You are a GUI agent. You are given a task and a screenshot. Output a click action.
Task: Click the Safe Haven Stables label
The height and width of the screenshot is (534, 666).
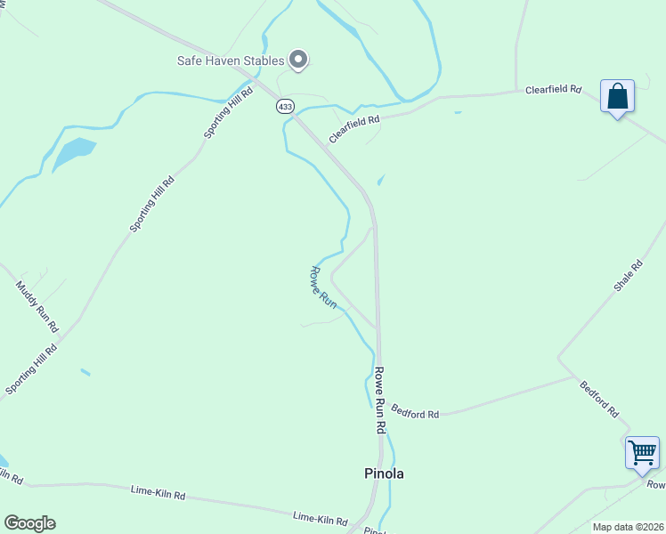click(230, 61)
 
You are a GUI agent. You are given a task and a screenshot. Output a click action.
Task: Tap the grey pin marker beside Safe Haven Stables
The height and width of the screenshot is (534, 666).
click(299, 60)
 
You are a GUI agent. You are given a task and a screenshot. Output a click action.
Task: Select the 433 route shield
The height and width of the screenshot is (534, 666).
click(285, 106)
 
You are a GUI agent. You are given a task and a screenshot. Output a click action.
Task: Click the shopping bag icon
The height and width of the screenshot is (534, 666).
click(617, 96)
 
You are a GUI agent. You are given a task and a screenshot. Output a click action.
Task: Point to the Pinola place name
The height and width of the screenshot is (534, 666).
click(385, 473)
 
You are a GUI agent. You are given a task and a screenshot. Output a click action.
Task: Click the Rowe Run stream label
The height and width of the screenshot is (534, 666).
click(323, 287)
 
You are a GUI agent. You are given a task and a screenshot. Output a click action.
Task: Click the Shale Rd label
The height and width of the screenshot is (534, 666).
click(628, 277)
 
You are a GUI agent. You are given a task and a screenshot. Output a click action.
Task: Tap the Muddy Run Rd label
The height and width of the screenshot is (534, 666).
click(37, 306)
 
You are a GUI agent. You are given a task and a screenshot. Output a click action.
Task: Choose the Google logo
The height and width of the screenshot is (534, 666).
click(29, 523)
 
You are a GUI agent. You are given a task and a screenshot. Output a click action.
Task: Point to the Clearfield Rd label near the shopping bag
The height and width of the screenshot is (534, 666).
click(553, 90)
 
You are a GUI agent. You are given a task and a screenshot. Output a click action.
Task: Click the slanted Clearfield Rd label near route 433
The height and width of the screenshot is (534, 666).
click(354, 129)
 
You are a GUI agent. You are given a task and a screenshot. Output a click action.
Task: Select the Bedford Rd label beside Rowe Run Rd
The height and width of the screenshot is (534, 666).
click(416, 414)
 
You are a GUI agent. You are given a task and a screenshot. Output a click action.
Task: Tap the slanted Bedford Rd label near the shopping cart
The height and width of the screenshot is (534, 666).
click(599, 400)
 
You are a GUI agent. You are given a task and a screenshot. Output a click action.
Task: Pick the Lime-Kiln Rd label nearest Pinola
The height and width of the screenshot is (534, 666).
click(321, 517)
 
